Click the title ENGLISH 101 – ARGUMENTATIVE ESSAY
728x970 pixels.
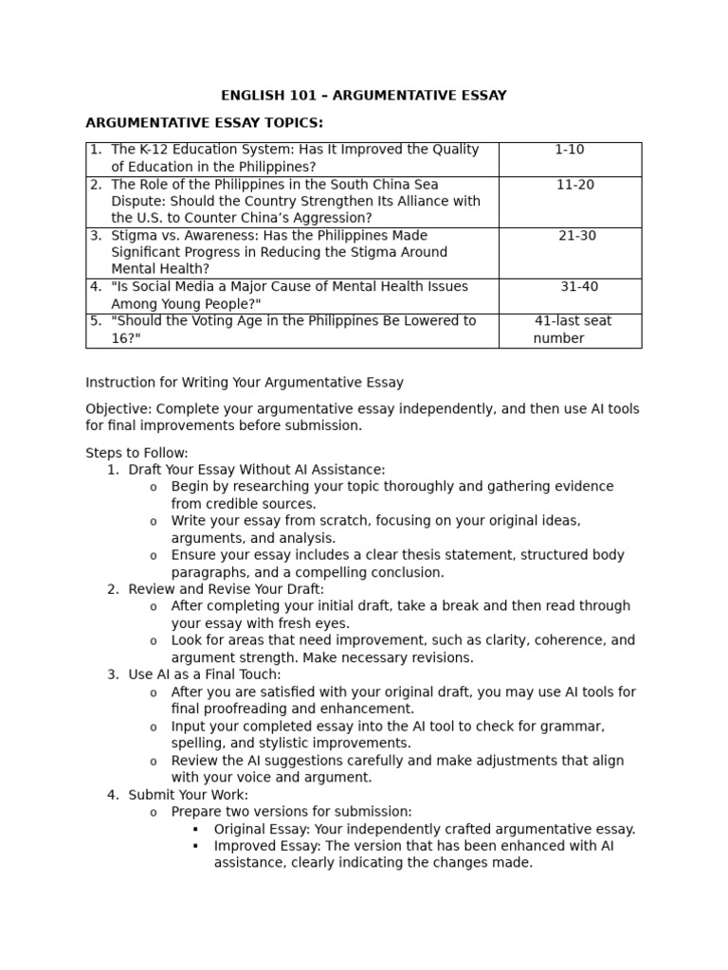point(363,96)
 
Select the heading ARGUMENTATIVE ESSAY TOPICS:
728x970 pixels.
point(204,123)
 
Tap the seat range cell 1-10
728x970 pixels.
point(570,150)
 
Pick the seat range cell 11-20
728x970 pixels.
point(575,185)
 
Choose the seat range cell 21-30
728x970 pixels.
point(577,236)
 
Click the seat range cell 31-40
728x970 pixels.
point(579,287)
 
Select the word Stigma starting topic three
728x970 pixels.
point(133,236)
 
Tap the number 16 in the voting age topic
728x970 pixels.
point(120,338)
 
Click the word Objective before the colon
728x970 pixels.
point(118,409)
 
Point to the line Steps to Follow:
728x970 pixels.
point(136,453)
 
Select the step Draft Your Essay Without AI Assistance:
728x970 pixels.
point(257,470)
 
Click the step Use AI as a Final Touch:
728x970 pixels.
point(205,674)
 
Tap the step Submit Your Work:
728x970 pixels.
point(189,795)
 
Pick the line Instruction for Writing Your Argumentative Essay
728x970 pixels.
point(245,383)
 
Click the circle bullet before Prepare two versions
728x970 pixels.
point(153,813)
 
